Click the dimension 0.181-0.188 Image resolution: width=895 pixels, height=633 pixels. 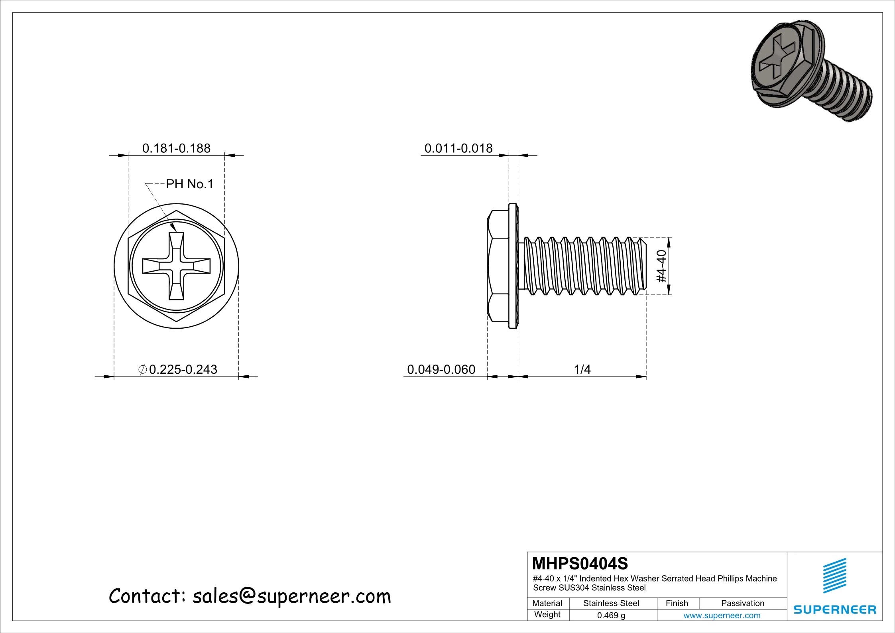(176, 148)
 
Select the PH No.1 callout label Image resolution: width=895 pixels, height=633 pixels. (190, 184)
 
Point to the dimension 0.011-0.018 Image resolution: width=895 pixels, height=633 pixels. (458, 148)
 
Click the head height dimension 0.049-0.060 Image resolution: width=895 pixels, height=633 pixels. (441, 369)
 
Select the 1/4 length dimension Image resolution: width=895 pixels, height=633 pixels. (582, 369)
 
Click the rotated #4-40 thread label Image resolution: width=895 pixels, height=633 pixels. (661, 266)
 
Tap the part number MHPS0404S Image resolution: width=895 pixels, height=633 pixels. (580, 564)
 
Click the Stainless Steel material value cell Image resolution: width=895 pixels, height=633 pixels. (611, 603)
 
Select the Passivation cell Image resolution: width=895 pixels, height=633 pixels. (742, 603)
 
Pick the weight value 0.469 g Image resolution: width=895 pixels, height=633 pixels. (611, 615)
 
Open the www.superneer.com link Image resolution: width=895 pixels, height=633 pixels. (722, 615)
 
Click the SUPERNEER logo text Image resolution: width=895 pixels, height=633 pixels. (835, 609)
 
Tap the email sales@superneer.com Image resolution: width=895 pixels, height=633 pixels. (291, 597)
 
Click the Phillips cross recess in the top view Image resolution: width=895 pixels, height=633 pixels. (176, 266)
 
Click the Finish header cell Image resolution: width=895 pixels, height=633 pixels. (677, 603)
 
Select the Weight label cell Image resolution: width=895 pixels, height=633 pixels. (547, 614)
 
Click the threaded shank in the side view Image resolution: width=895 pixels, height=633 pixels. (582, 266)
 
